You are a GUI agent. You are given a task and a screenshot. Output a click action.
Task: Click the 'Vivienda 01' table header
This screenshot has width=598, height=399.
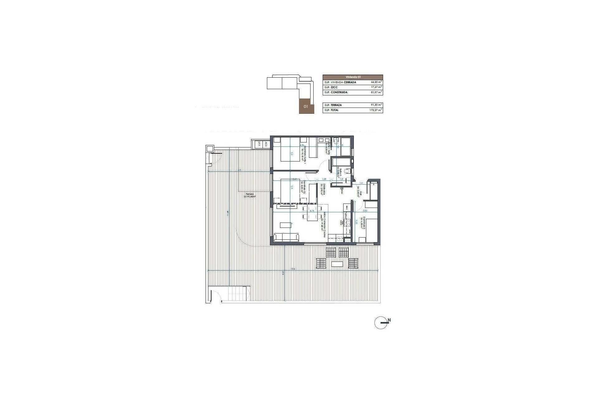tap(353, 77)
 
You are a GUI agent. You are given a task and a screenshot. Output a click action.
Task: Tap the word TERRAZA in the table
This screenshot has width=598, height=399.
tap(337, 105)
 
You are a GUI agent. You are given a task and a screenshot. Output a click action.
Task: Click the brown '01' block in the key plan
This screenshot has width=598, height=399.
tap(306, 106)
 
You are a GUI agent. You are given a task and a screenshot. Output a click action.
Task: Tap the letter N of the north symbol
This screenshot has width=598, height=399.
tap(389, 320)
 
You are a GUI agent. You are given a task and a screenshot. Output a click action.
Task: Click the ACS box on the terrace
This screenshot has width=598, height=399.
tap(266, 144)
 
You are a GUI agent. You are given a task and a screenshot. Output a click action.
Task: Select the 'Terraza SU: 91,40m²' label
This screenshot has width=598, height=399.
tap(249, 195)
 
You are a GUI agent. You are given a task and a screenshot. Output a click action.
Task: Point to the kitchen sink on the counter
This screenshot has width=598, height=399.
tap(339, 239)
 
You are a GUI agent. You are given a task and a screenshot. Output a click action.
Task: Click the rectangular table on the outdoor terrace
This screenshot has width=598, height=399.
tap(337, 264)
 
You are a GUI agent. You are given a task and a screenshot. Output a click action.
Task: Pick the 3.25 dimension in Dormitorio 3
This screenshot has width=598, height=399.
tap(356, 223)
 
